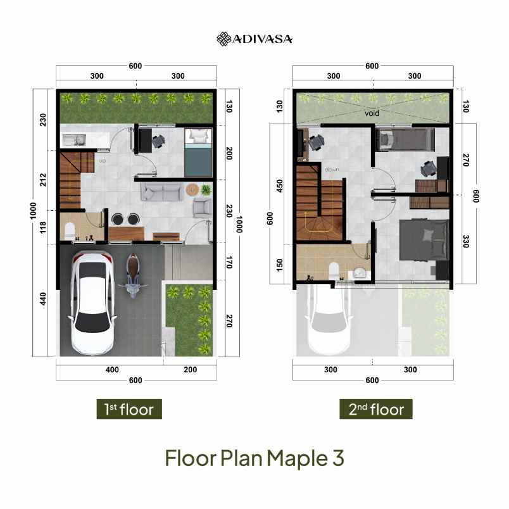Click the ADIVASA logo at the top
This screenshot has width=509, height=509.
click(x=254, y=39)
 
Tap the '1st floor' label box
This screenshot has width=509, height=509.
click(x=129, y=409)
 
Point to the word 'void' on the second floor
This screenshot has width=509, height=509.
click(x=372, y=115)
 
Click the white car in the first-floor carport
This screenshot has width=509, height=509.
click(x=92, y=301)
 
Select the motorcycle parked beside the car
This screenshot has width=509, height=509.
click(x=133, y=275)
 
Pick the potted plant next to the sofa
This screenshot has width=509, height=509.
click(x=206, y=189)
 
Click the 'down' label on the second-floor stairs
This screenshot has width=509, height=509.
click(x=332, y=170)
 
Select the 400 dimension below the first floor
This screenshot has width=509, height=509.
click(x=111, y=370)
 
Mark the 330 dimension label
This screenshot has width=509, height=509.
click(x=465, y=241)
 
